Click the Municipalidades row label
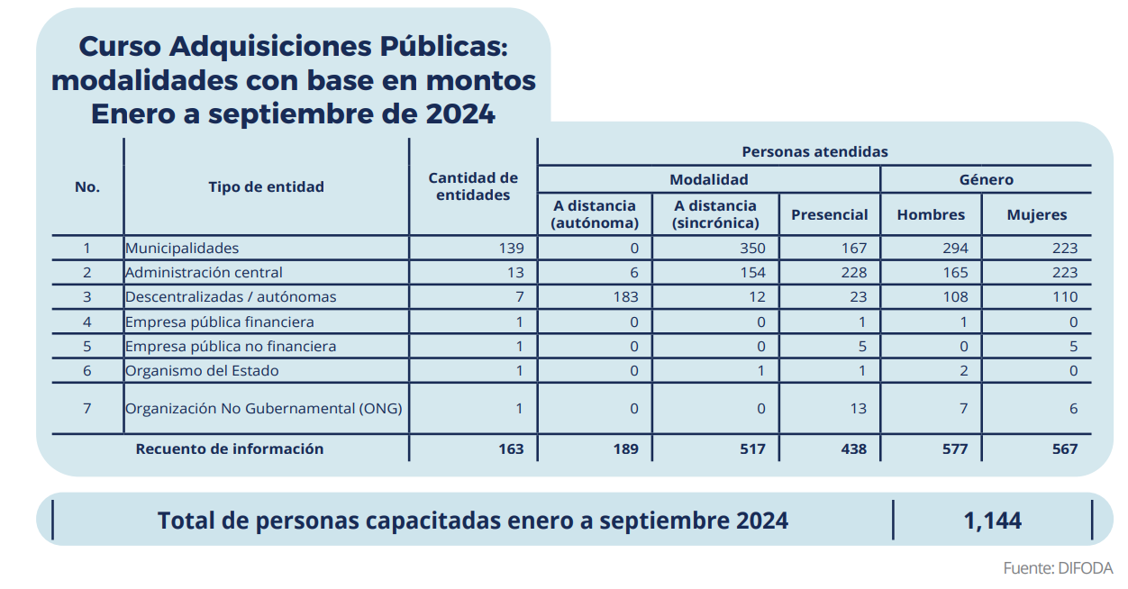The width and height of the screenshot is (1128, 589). click(x=182, y=248)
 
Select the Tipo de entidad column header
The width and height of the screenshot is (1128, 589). click(x=266, y=187)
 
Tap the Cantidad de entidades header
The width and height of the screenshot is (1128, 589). click(x=473, y=186)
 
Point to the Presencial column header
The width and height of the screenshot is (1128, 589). click(x=829, y=214)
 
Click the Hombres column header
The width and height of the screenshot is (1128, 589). click(x=931, y=214)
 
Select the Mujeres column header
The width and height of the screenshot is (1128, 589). click(x=1036, y=214)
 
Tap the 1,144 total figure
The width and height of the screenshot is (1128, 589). click(x=992, y=521)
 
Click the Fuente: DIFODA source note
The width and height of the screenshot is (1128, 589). click(x=1058, y=568)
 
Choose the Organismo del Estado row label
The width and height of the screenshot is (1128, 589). click(x=202, y=370)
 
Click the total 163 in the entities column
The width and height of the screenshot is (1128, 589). click(x=510, y=449)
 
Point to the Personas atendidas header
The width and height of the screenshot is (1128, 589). click(x=814, y=151)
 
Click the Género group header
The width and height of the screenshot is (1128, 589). click(x=986, y=179)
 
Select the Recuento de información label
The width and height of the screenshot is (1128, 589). click(x=230, y=449)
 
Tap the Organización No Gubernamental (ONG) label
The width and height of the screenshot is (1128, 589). click(x=263, y=408)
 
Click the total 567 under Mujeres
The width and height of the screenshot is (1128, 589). click(x=1064, y=449)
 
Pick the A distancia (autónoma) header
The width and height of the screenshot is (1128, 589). click(x=595, y=214)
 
